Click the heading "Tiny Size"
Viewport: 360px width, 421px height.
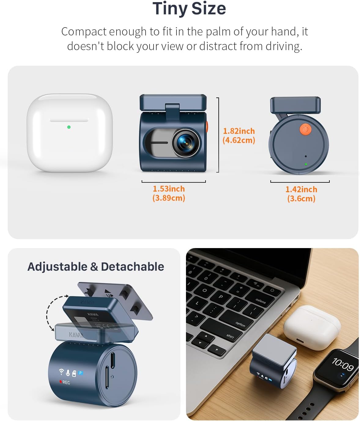189,8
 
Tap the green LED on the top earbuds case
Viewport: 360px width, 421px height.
69,127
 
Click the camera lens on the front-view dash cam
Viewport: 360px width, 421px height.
185,142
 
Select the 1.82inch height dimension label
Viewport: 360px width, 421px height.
239,135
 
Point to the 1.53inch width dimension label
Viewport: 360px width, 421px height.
169,193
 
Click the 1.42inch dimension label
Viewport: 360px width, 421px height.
301,194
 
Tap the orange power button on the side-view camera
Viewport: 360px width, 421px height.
305,130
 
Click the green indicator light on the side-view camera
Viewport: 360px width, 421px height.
306,164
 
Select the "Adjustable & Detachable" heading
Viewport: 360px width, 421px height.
96,266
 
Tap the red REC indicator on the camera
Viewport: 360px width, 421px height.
65,382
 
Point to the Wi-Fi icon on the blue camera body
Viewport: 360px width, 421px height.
61,372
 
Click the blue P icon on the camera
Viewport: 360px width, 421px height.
80,373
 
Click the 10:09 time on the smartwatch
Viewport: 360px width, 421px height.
343,364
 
